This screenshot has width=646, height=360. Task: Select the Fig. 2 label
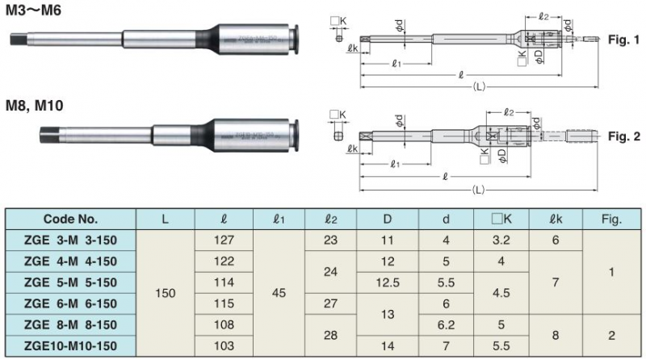point(623,137)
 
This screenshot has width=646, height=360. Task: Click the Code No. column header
point(70,219)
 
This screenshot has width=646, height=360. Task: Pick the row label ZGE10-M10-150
point(70,345)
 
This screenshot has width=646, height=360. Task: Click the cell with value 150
point(166,292)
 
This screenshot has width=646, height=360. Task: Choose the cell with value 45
point(278,292)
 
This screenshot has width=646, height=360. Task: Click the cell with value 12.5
point(387,282)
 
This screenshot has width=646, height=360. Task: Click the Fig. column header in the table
point(611,219)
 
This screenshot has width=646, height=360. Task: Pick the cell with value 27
point(331,303)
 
